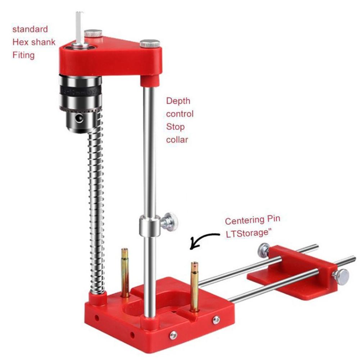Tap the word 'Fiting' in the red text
coord(23,55)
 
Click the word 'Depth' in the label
coord(178,101)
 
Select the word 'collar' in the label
coord(177,140)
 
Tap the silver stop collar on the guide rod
coord(149,226)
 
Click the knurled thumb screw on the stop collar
coord(169,222)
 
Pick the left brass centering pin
coord(125,272)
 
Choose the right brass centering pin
coord(195,286)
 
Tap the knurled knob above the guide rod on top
coord(150,44)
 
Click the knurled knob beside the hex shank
coord(94,34)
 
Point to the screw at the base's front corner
coord(173,335)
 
